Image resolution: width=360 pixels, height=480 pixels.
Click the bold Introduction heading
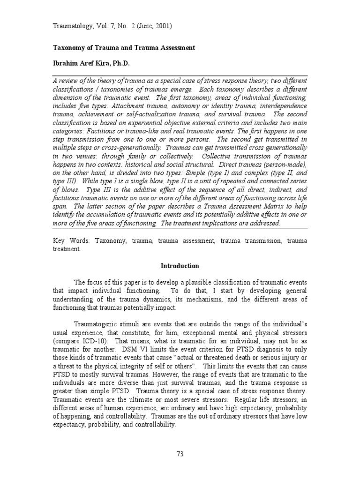pyautogui.click(x=180, y=266)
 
